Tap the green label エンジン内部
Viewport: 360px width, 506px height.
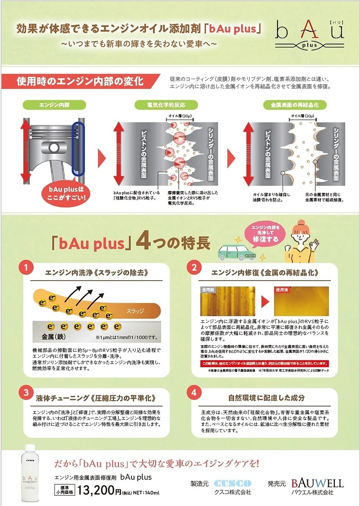[54, 105]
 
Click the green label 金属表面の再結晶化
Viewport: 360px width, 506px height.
[294, 105]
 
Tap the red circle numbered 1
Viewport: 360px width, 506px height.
[26, 268]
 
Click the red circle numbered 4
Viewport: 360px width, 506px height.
[194, 392]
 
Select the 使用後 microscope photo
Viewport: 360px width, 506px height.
[301, 301]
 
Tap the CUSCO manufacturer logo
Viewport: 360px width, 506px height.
[233, 483]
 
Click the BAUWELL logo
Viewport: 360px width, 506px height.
[317, 483]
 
